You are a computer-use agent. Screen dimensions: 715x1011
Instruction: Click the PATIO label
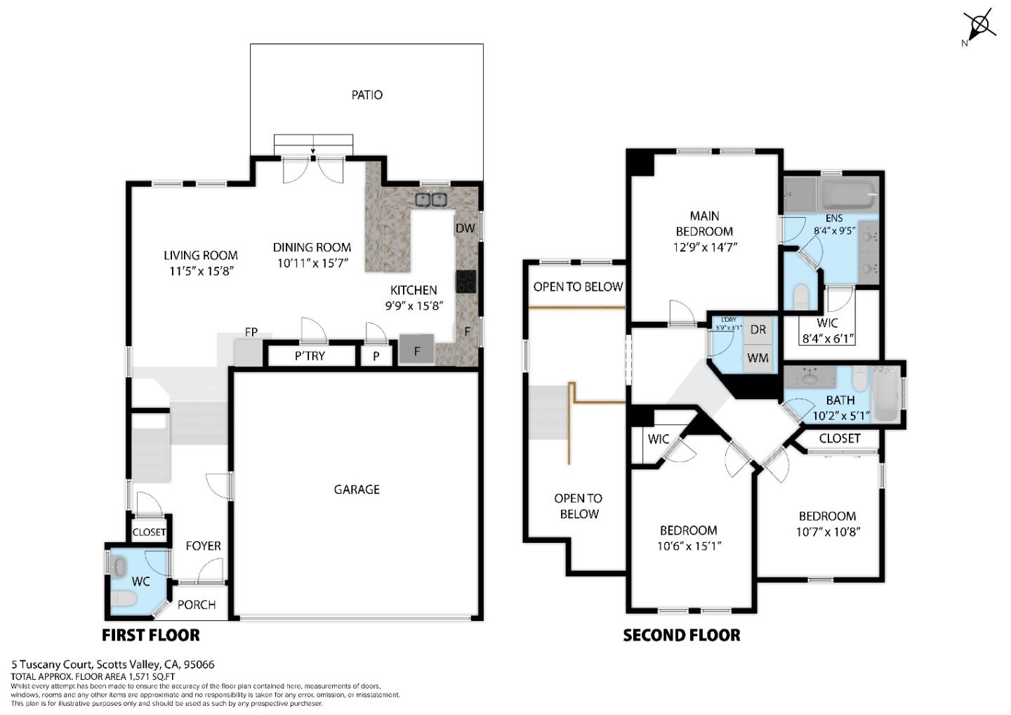(x=366, y=95)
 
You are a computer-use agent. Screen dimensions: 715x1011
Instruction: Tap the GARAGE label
(x=357, y=490)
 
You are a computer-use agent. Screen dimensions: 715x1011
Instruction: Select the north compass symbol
(x=980, y=27)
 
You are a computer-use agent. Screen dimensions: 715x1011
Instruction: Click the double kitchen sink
(x=431, y=199)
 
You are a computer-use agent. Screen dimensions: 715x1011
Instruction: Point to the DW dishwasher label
(x=465, y=228)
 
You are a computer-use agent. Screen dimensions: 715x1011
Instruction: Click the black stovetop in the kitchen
(x=465, y=281)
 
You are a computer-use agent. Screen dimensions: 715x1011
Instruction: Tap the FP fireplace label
(x=251, y=332)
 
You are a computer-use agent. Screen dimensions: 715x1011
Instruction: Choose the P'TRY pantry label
(x=310, y=356)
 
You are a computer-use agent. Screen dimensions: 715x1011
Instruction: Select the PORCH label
(x=197, y=605)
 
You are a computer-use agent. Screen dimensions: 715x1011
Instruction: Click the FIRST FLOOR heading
(x=151, y=635)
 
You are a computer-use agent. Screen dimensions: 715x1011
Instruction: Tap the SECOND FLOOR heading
(x=682, y=635)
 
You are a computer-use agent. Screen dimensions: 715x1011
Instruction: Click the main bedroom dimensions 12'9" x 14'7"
(x=704, y=247)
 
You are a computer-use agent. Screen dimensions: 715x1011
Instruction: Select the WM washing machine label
(x=758, y=358)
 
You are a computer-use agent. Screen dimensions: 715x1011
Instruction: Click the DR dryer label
(x=758, y=329)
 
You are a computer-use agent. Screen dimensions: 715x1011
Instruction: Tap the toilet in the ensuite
(x=801, y=297)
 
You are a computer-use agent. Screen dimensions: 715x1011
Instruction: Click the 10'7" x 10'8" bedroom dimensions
(x=827, y=532)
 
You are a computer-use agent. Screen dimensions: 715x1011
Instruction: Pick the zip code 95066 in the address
(x=200, y=664)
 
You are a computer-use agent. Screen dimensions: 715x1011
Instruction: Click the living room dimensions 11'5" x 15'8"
(x=201, y=270)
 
